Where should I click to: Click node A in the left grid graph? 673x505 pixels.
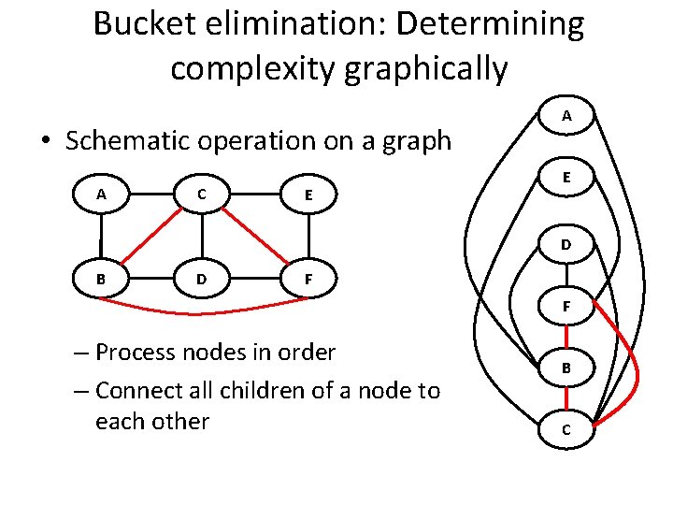(x=101, y=195)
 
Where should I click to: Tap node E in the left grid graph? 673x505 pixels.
(x=308, y=195)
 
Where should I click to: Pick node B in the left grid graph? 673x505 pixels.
(x=101, y=278)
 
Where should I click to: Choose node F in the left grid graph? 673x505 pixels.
(x=308, y=278)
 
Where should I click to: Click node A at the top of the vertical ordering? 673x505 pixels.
(x=566, y=116)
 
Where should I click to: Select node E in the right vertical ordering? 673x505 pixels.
(x=566, y=179)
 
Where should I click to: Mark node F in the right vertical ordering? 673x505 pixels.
(x=566, y=305)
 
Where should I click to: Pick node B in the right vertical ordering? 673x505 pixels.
(x=566, y=368)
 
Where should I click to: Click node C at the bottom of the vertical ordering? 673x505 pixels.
(x=566, y=430)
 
